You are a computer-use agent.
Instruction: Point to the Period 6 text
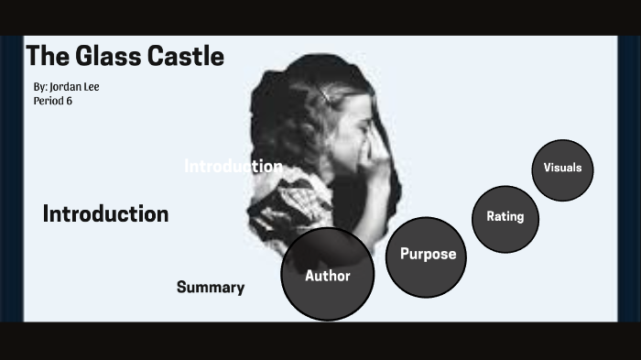coord(52,101)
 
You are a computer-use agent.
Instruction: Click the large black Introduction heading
coord(105,214)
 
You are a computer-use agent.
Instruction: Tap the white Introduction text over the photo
coord(233,167)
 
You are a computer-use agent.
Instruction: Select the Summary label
coord(211,288)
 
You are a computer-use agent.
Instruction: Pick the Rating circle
coord(505,218)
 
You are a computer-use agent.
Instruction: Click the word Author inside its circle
coord(328,276)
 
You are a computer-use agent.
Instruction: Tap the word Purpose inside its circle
coord(428,255)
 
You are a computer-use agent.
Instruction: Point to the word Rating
coord(505,217)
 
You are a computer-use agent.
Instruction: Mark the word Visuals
coord(563,168)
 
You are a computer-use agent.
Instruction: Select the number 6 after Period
coord(69,101)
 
